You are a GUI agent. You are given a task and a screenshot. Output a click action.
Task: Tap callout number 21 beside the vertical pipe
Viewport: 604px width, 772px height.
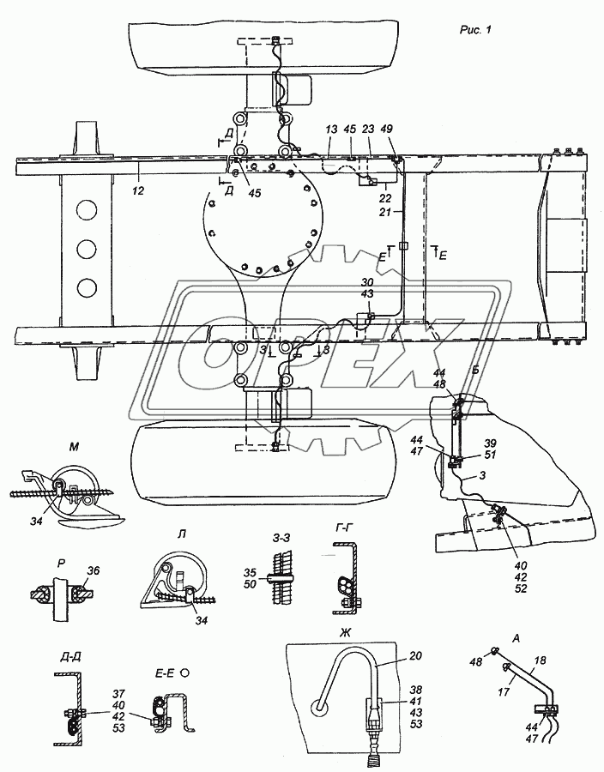(385, 212)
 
